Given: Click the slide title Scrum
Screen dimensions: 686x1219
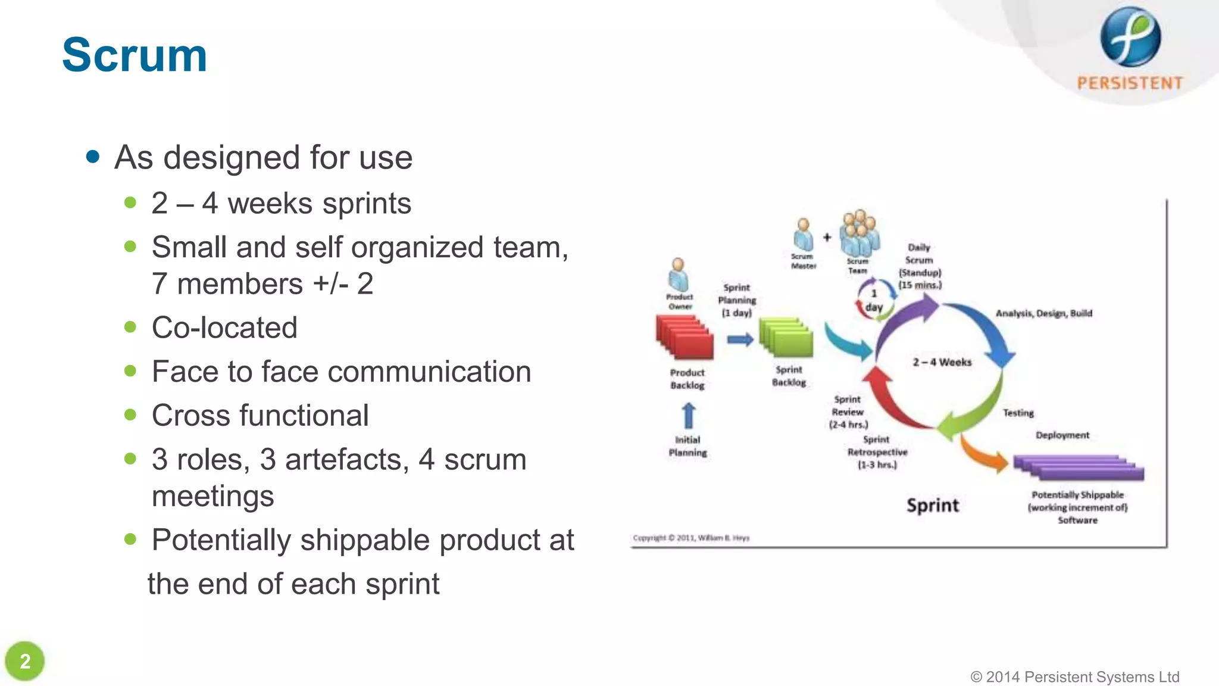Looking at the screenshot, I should pyautogui.click(x=135, y=55).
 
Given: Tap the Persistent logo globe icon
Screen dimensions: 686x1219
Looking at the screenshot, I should pyautogui.click(x=1130, y=37).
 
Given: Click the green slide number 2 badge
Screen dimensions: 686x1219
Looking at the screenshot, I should pyautogui.click(x=25, y=661).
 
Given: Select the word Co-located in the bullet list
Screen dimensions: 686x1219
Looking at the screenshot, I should pyautogui.click(x=224, y=328).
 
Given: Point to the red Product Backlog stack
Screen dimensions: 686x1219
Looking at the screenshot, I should pyautogui.click(x=684, y=338).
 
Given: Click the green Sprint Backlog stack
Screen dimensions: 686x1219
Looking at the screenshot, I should pyautogui.click(x=786, y=338).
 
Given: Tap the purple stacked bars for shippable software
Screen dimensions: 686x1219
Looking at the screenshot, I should pyautogui.click(x=1079, y=467).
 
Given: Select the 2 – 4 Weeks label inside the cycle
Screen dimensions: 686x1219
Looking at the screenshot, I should pyautogui.click(x=942, y=362).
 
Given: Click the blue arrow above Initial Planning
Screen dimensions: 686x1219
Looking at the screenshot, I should pyautogui.click(x=688, y=415).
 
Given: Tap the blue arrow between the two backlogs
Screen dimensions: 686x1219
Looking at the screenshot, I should pyautogui.click(x=740, y=339).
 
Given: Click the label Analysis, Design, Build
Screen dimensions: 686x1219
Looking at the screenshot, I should pyautogui.click(x=1043, y=313).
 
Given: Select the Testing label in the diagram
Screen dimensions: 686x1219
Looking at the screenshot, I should pyautogui.click(x=1018, y=413).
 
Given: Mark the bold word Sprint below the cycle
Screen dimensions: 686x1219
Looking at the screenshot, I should pyautogui.click(x=932, y=506).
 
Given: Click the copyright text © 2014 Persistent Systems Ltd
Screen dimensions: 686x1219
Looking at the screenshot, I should pyautogui.click(x=1074, y=676).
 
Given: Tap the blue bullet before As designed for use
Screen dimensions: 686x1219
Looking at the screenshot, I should pyautogui.click(x=92, y=157).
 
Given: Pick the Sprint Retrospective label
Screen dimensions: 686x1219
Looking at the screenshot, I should pyautogui.click(x=877, y=452).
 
